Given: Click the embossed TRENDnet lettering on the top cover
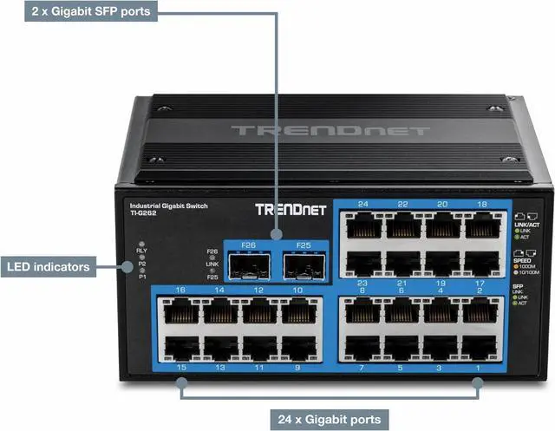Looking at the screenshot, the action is pos(330,131).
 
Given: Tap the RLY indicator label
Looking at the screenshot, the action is pos(142,250).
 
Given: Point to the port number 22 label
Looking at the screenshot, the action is pos(402,205).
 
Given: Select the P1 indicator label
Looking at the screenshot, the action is pos(142,277).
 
